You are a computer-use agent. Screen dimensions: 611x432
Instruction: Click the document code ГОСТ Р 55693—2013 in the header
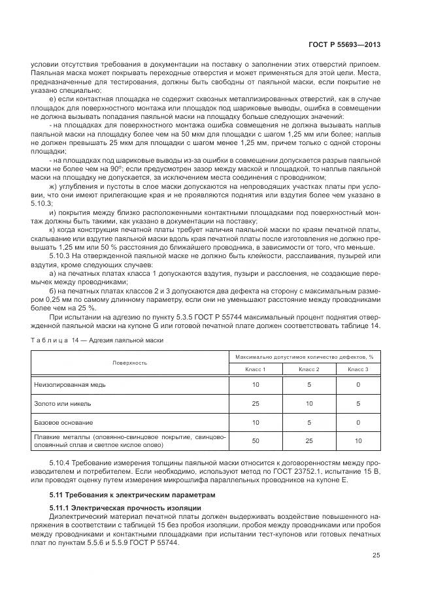point(344,44)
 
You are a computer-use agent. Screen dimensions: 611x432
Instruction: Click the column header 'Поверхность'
point(129,362)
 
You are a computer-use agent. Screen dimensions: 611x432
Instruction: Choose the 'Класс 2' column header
point(308,369)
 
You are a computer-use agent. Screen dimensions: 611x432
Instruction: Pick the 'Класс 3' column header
point(358,369)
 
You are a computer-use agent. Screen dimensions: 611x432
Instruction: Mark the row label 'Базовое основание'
point(63,422)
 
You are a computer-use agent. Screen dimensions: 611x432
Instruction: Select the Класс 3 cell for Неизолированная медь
point(358,386)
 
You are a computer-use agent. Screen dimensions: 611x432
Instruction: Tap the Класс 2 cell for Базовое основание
point(308,422)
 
